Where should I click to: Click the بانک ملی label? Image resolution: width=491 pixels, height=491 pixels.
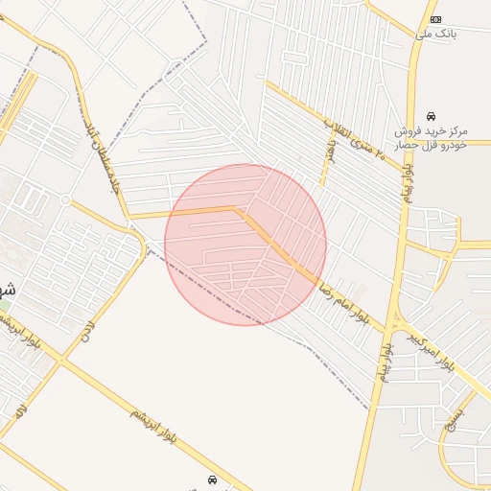pos(436,34)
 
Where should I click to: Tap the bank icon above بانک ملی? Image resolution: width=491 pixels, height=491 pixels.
pos(436,19)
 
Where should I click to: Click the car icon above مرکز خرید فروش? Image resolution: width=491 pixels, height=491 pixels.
pos(431,115)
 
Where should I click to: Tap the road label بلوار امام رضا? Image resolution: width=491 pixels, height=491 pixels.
pos(347,297)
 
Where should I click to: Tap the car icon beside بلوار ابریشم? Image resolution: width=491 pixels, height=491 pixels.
pos(212,479)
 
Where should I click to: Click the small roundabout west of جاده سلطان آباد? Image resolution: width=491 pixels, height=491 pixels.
pos(65,199)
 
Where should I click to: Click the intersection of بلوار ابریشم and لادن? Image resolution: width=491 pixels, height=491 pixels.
pos(59,361)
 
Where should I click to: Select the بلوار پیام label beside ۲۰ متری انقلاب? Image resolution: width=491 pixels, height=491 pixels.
pos(410,177)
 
